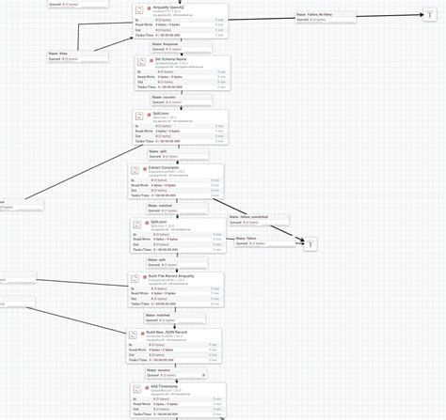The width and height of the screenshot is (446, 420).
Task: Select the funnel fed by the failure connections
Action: pos(311,244)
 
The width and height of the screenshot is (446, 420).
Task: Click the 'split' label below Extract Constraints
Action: pos(162,258)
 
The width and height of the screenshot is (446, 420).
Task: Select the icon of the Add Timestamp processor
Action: pos(137,390)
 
